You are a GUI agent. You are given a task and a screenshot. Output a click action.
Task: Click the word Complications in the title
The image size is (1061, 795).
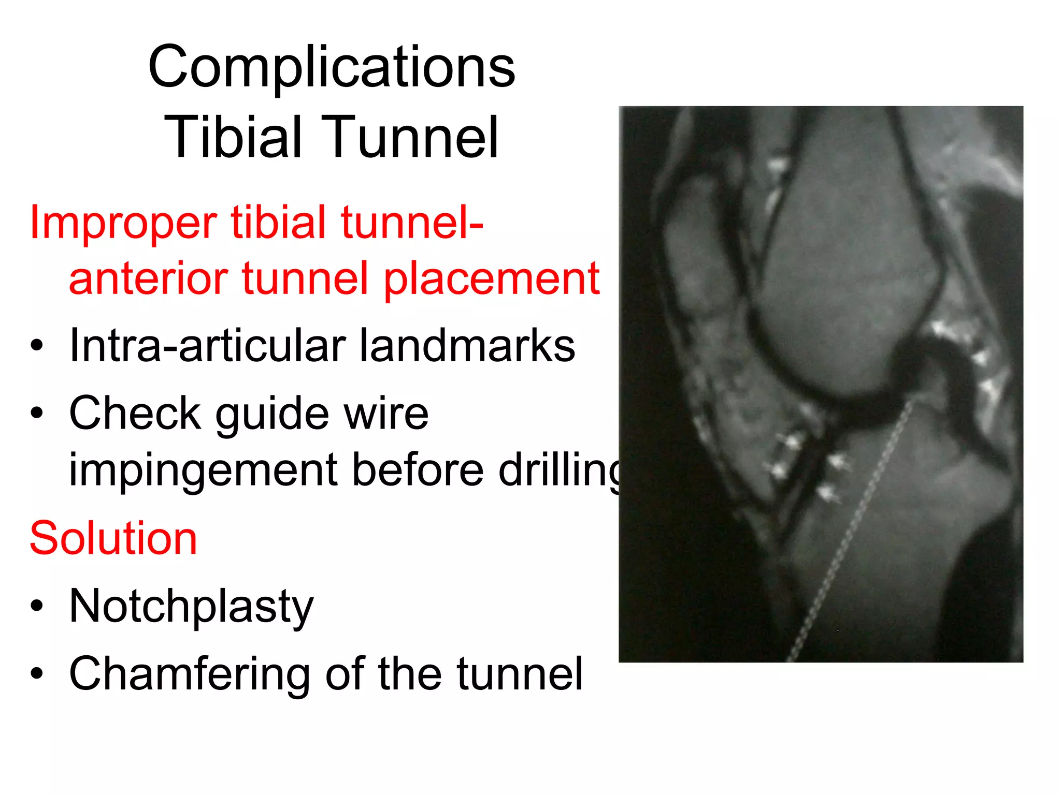[332, 67]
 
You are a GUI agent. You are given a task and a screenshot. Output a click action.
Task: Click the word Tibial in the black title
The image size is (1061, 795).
[233, 138]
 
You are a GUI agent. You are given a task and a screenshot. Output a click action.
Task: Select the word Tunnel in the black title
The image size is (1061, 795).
[409, 138]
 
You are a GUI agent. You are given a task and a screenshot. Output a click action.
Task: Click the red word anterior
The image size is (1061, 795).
[148, 279]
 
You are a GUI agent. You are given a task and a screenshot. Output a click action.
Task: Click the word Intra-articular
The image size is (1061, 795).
[207, 346]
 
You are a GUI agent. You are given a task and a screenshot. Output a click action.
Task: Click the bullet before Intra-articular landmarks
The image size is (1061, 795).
[37, 346]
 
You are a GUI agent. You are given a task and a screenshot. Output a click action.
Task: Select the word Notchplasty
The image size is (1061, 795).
[191, 607]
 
